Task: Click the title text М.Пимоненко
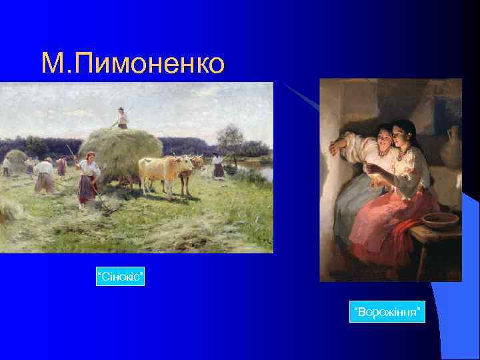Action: (133, 63)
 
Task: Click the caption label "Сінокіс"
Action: (121, 275)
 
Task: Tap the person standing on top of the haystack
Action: (122, 118)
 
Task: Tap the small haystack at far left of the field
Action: (16, 159)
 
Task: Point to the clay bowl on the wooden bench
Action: (440, 220)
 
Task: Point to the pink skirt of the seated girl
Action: (380, 227)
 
